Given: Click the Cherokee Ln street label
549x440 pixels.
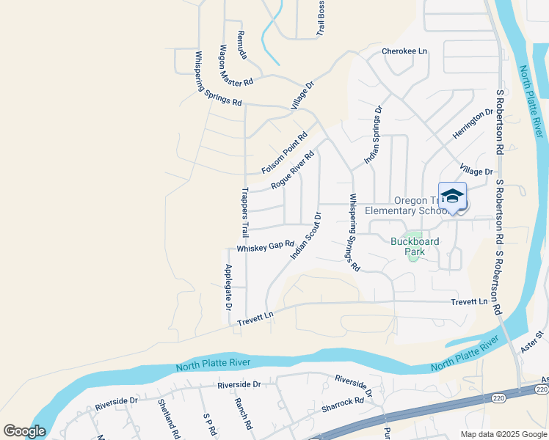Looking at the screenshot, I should tap(404, 51).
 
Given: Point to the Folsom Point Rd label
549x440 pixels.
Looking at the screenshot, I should tap(284, 153).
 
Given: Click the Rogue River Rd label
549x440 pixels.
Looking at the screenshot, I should tap(292, 170).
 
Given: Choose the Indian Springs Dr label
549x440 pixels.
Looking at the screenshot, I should tap(374, 135).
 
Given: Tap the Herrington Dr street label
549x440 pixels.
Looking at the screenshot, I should tap(473, 127).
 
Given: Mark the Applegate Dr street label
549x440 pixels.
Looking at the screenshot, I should tap(228, 285).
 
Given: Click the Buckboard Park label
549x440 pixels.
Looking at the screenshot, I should tap(415, 246).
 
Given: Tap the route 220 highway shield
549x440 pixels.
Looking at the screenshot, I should tap(498, 397).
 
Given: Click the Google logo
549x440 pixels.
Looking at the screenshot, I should tap(24, 430).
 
